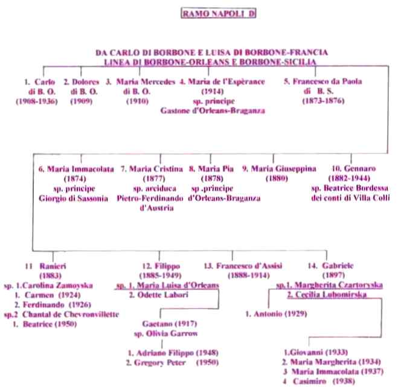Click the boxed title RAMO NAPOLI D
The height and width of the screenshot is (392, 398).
click(x=218, y=13)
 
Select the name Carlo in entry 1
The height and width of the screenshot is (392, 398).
click(x=45, y=82)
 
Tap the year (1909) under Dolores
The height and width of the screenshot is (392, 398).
click(x=81, y=101)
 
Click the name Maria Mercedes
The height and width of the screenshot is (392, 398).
click(x=146, y=82)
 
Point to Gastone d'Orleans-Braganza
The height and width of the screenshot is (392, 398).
click(x=213, y=111)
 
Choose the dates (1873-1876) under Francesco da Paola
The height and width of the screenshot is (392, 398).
click(x=323, y=101)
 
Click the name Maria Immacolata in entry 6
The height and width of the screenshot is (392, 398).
click(x=80, y=169)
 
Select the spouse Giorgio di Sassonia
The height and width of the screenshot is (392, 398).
click(x=73, y=198)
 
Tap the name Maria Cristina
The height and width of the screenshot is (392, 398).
click(x=156, y=169)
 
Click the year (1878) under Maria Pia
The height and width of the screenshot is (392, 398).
click(x=212, y=178)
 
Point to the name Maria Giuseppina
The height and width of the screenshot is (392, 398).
click(x=283, y=169)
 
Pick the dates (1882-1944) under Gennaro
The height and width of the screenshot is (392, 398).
click(x=349, y=178)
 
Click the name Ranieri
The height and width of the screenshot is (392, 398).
click(x=53, y=266)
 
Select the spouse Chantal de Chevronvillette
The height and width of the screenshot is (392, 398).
click(x=71, y=314)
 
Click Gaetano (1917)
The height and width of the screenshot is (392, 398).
click(x=170, y=324)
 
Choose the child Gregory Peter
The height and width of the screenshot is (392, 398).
click(x=159, y=362)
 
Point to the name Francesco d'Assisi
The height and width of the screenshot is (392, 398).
click(x=249, y=266)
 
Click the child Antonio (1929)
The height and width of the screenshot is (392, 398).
click(x=276, y=314)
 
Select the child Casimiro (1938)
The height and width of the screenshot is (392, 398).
click(x=324, y=381)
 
